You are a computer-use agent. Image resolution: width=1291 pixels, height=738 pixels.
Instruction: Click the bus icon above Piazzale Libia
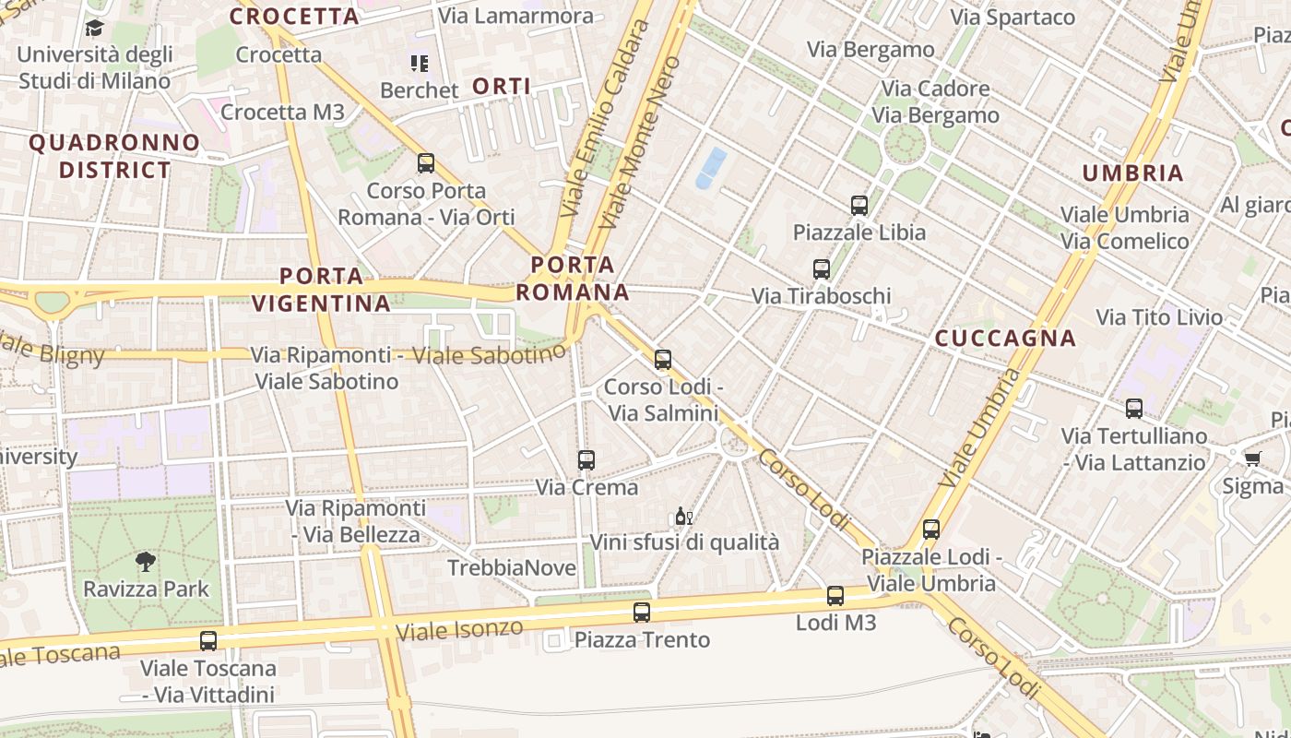[x=859, y=205]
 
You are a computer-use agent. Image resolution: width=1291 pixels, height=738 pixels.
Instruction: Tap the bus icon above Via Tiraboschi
[x=822, y=269]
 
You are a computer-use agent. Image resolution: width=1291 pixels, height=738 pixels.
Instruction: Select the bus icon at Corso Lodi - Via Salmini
[x=663, y=360]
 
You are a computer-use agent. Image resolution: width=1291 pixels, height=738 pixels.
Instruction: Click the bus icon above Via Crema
[x=586, y=459]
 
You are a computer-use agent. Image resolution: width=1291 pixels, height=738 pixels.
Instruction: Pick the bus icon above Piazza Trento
[x=642, y=612]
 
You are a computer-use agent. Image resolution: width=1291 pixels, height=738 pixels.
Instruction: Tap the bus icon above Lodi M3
[x=835, y=596]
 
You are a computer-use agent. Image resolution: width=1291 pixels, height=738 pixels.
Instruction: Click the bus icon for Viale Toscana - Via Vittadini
[x=208, y=640]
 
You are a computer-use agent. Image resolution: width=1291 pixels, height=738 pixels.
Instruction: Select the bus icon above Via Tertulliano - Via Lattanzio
[x=1134, y=408]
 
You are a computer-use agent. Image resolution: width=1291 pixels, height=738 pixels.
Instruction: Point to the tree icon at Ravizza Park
[x=146, y=561]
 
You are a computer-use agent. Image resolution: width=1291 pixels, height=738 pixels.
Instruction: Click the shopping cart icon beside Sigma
[x=1252, y=458]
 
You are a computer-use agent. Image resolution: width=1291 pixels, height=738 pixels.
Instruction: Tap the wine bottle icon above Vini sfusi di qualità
[x=683, y=516]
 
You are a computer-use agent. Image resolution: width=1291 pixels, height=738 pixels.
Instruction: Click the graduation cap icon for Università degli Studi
[x=94, y=28]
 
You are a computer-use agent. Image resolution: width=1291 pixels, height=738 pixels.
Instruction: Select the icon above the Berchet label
[x=420, y=64]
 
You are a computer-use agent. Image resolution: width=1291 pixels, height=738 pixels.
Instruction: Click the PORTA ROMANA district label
[x=573, y=279]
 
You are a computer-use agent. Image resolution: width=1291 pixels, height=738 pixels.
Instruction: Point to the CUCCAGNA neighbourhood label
[x=1006, y=339]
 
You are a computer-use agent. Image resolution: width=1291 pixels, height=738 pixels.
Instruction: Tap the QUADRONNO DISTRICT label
[x=115, y=156]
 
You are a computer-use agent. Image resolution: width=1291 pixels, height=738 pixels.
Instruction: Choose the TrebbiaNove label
[x=512, y=568]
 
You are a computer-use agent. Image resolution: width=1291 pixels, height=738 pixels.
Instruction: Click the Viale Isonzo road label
[x=459, y=630]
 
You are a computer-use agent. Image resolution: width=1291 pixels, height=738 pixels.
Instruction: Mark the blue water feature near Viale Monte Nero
[x=710, y=168]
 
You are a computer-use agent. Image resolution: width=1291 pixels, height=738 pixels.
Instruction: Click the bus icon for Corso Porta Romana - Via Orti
[x=426, y=163]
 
